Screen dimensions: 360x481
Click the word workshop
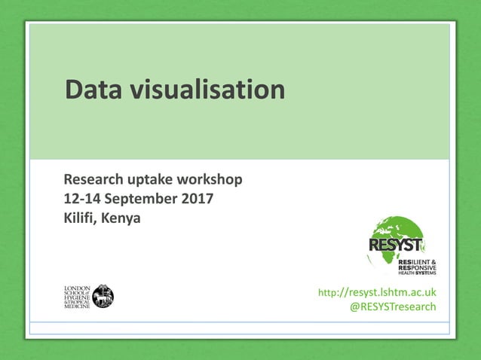point(210,181)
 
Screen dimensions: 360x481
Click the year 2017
point(197,200)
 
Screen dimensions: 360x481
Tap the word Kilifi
point(80,219)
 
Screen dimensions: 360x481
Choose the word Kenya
point(121,220)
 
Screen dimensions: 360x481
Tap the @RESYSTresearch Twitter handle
point(394,307)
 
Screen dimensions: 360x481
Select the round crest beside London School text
point(103,296)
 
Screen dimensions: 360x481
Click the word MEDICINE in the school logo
point(76,307)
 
